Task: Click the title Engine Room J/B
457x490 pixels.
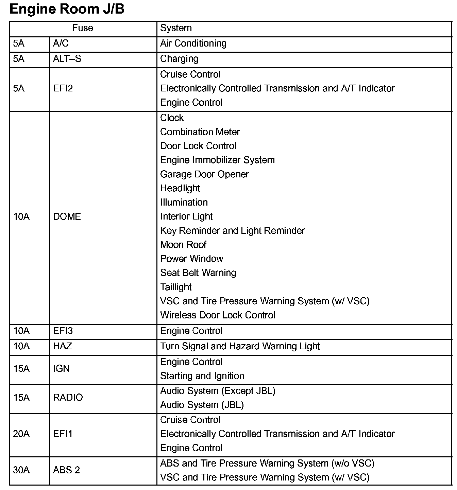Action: [67, 9]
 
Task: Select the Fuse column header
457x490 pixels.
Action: [83, 28]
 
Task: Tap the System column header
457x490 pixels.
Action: [176, 28]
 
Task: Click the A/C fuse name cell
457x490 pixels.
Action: [61, 43]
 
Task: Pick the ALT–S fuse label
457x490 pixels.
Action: [67, 59]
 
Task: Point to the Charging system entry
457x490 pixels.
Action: [179, 59]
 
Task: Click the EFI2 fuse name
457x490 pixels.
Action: [63, 88]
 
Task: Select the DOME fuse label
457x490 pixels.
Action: [67, 216]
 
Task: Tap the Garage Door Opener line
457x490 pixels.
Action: [204, 174]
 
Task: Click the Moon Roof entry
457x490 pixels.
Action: [183, 245]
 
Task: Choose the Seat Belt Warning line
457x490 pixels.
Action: [198, 273]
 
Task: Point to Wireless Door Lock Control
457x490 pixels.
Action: [218, 315]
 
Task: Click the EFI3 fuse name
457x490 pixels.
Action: [63, 331]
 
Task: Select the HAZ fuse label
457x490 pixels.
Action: [63, 346]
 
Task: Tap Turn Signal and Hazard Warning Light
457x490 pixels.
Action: [240, 346]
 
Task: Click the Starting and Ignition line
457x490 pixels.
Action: [202, 376]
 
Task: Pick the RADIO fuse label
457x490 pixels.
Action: [68, 398]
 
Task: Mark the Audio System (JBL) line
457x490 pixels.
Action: [202, 405]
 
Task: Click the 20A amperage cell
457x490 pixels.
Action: [21, 434]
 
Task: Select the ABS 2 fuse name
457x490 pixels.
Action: [66, 470]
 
